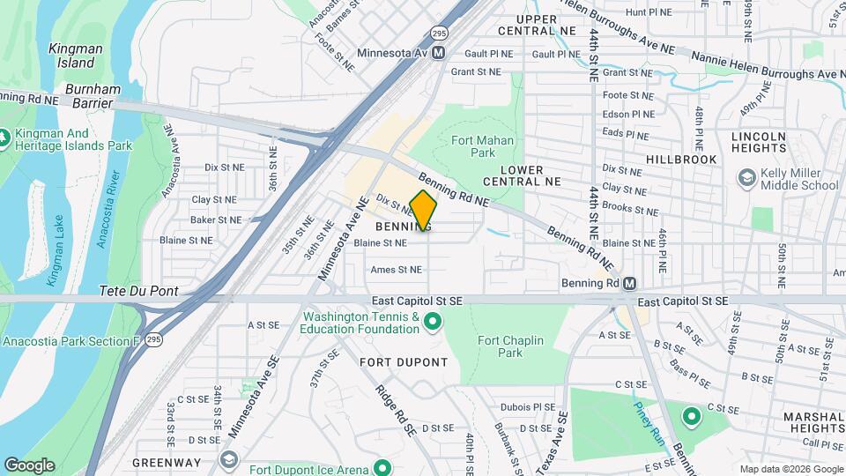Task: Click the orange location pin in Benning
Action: (424, 210)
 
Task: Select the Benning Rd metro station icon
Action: (629, 283)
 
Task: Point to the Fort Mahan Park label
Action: (473, 146)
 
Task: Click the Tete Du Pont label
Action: (138, 291)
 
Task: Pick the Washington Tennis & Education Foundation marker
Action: (432, 323)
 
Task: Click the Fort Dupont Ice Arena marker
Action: (382, 468)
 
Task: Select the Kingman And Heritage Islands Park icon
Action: (7, 138)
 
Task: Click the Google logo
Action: (28, 465)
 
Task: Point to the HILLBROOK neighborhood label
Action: (681, 160)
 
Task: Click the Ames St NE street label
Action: (397, 270)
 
